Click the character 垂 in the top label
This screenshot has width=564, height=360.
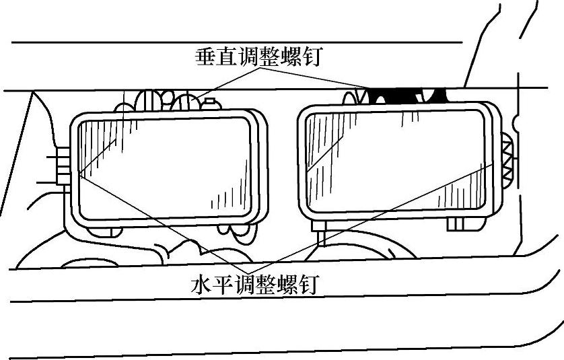[207, 57]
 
